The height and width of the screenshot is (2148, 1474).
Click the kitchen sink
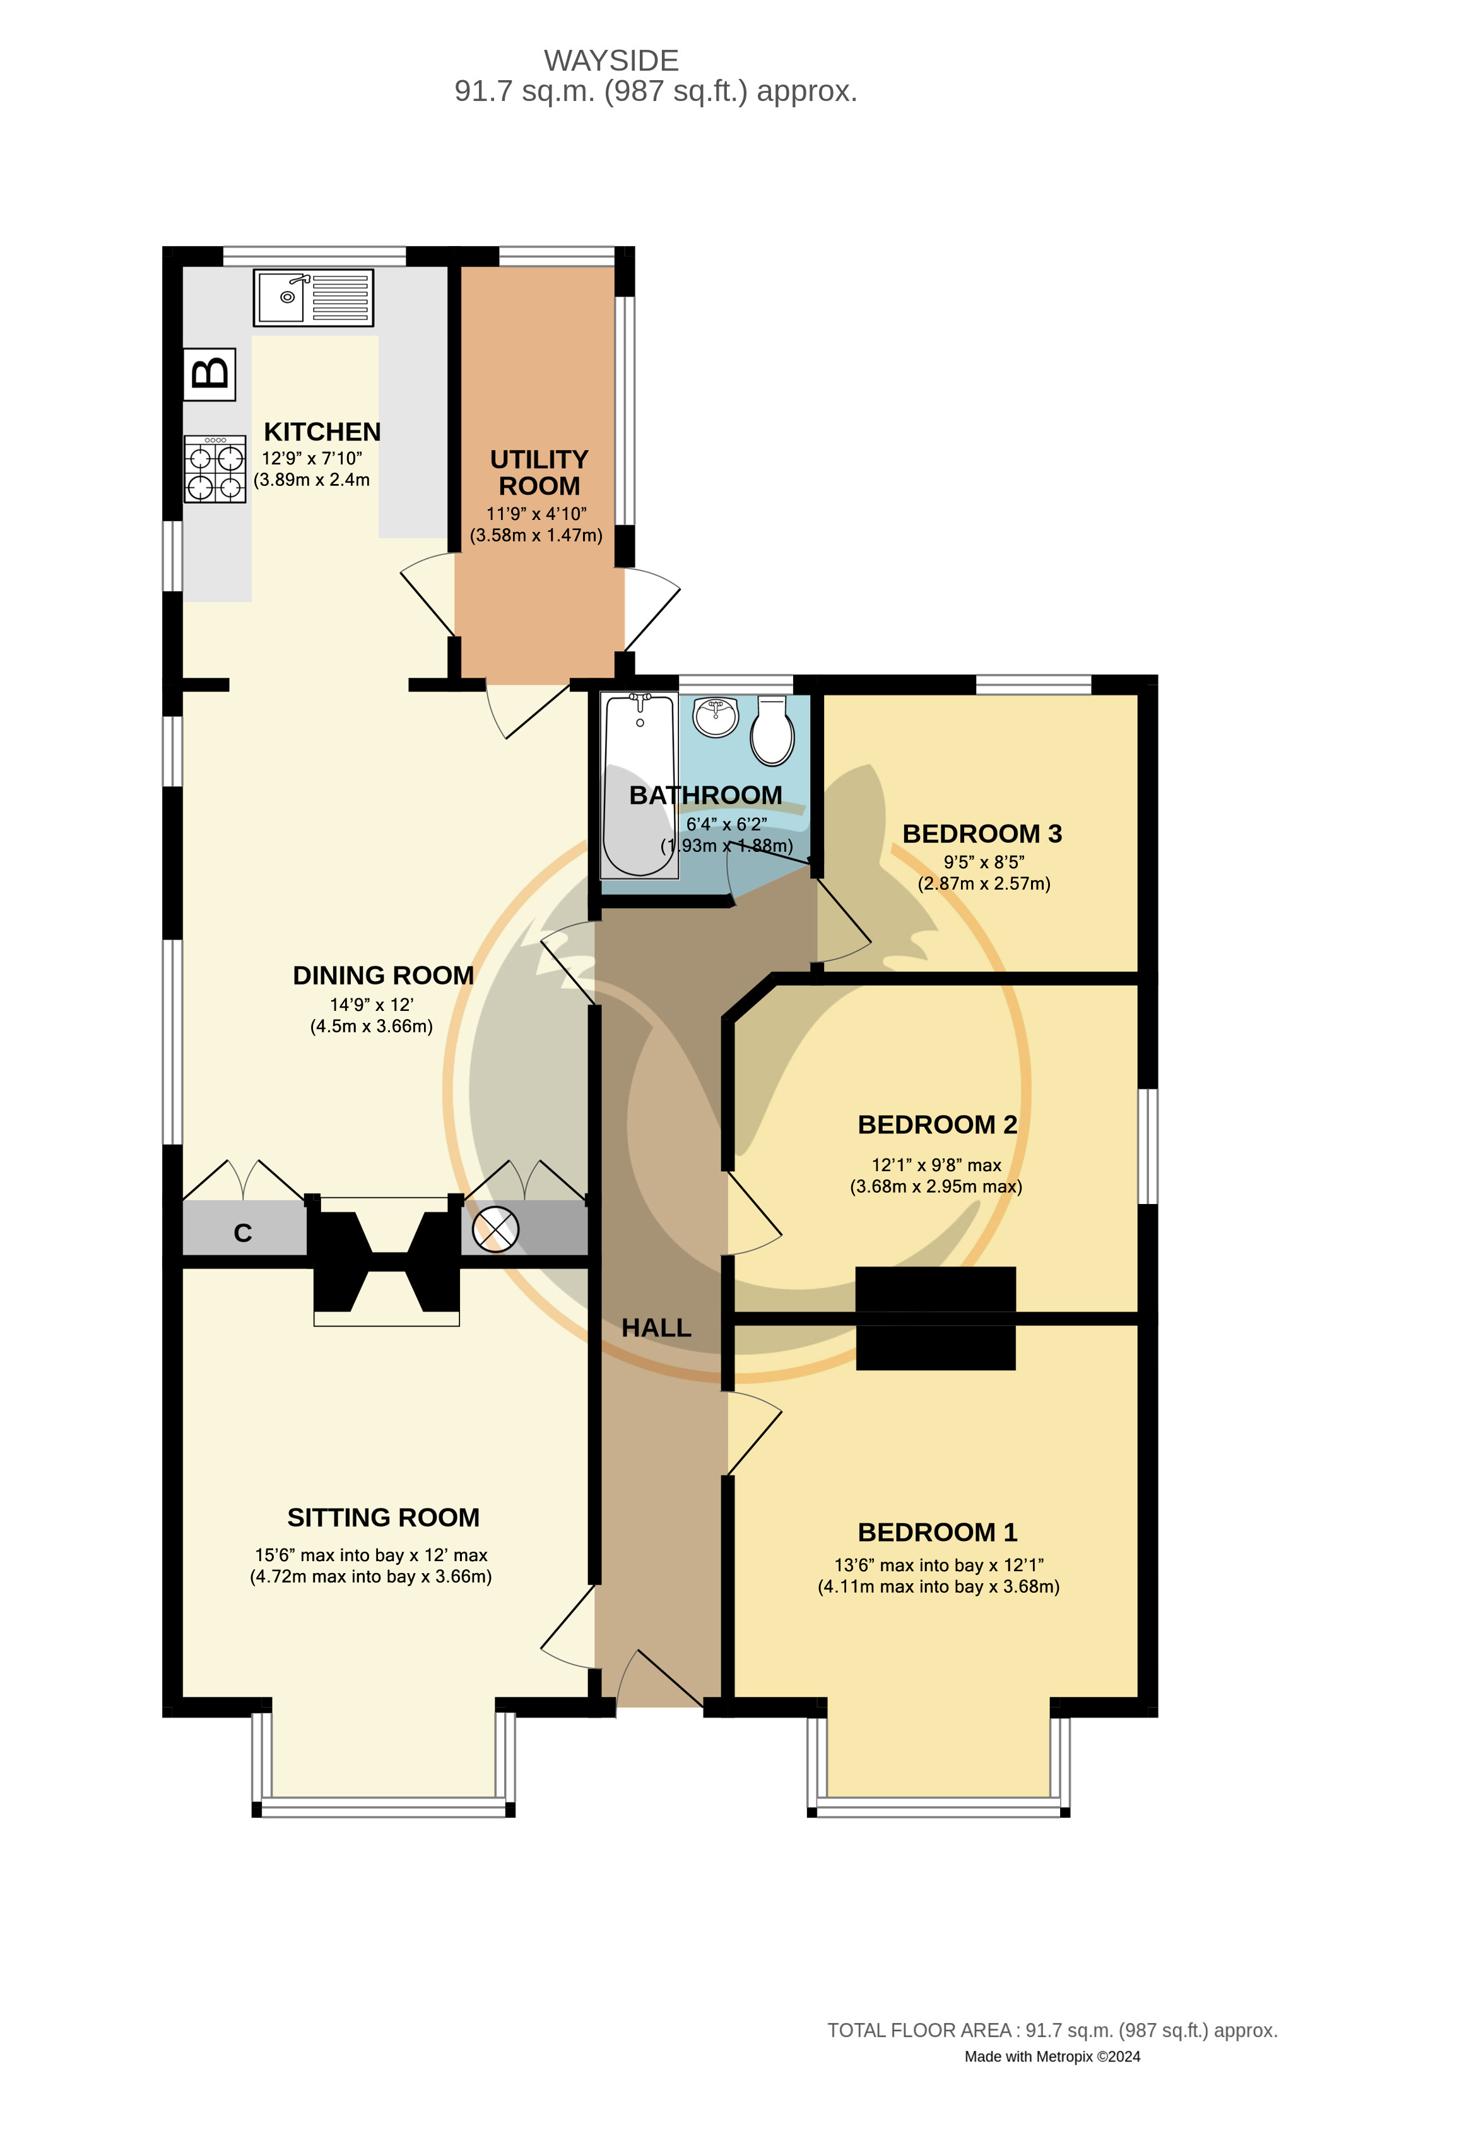coord(313,298)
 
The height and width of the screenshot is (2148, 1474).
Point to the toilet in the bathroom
coord(772,730)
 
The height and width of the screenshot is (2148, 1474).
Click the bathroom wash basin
coord(716,716)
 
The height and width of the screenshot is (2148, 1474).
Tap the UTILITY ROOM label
coord(539,472)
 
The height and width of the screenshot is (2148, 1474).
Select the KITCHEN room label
coord(322,432)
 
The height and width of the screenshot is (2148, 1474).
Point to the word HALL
coord(656,1328)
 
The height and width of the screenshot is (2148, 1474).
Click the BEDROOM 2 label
coord(937,1125)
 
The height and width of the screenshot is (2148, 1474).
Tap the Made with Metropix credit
coord(1052,2057)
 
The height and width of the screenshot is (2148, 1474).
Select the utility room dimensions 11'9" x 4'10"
coord(536,513)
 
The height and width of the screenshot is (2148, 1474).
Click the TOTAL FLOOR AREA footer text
coord(1052,2031)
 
